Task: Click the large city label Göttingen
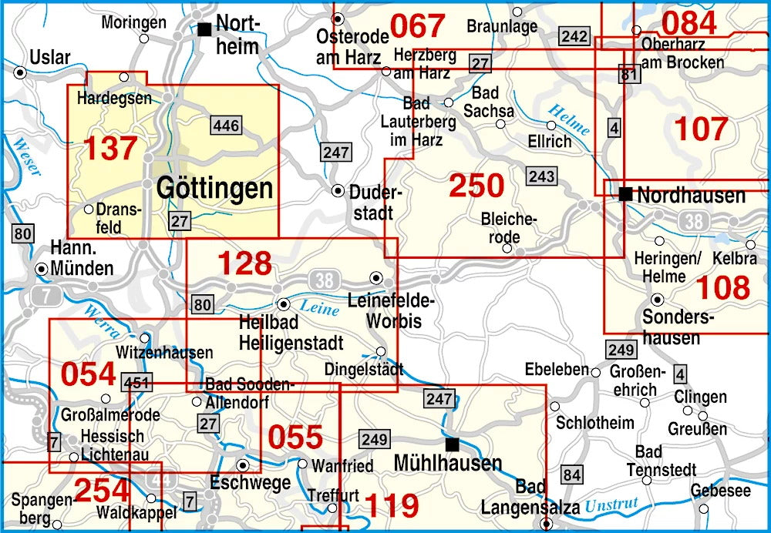click(214, 189)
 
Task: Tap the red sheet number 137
click(109, 149)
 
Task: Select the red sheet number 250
click(476, 186)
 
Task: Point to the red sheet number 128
click(244, 263)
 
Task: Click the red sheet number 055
click(295, 437)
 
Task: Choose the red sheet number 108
click(722, 287)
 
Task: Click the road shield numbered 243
click(541, 176)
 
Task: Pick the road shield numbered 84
click(571, 474)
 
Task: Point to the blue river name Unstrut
click(611, 506)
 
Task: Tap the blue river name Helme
click(570, 119)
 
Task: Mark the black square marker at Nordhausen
click(625, 193)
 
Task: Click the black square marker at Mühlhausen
click(453, 444)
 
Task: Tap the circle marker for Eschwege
click(243, 465)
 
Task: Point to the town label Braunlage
click(502, 26)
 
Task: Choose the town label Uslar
click(50, 57)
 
